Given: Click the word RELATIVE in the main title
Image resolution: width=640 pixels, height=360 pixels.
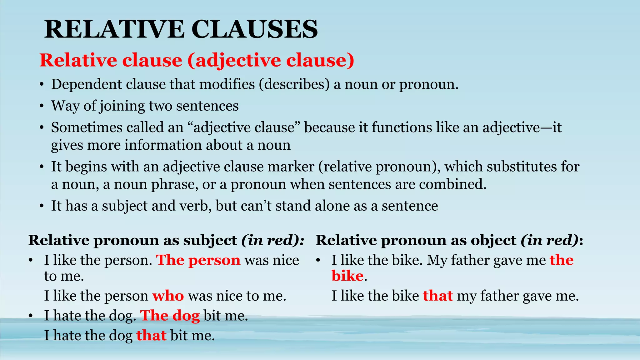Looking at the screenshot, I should [114, 29].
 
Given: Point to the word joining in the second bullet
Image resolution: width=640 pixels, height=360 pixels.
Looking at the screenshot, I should [122, 106].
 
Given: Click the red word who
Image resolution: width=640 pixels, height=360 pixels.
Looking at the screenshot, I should [168, 296].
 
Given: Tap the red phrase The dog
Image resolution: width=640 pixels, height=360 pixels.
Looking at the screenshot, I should [170, 316].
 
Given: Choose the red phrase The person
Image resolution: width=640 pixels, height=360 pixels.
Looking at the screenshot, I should [198, 260].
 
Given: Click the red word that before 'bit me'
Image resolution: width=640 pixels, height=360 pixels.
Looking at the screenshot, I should [151, 336].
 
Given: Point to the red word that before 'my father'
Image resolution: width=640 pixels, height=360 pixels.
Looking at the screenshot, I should [438, 296].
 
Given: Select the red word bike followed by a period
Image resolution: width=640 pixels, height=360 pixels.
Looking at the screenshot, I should [347, 276].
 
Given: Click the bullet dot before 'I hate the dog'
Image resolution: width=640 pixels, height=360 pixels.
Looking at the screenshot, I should [30, 316].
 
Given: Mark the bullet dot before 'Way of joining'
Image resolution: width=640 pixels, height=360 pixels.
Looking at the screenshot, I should [42, 106].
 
